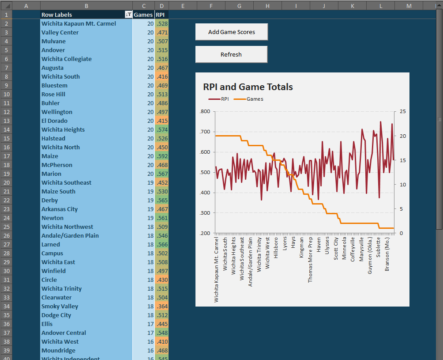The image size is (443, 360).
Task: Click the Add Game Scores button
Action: click(231, 32)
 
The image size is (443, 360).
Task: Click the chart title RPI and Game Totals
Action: click(248, 87)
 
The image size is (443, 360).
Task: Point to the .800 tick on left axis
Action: click(205, 112)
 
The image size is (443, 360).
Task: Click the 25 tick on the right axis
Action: click(402, 112)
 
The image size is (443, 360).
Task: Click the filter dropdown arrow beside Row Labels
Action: click(128, 15)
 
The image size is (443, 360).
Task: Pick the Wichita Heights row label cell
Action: click(63, 129)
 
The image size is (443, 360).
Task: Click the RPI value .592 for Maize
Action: click(162, 156)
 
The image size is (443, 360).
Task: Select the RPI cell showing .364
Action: click(162, 306)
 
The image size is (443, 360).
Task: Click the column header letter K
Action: click(352, 5)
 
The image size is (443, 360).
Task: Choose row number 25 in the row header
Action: click(6, 227)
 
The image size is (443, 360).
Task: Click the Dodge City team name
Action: click(56, 315)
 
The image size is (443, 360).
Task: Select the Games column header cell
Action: click(143, 15)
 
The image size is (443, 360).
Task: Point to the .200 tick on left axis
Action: click(205, 233)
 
